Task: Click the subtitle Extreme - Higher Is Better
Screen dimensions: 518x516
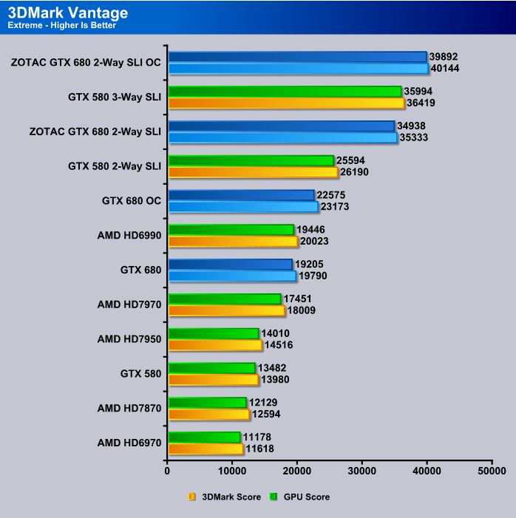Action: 62,26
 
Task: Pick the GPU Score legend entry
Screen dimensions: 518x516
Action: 302,497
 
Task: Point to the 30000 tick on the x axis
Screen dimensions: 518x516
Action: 362,469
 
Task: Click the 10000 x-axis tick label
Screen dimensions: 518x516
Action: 233,469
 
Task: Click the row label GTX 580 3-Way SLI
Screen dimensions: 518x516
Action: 115,97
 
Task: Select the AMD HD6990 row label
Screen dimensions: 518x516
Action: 129,235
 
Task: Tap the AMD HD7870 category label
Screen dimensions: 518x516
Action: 129,408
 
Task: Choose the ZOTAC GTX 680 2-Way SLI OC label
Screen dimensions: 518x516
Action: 86,62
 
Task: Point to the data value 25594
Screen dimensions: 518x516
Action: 351,160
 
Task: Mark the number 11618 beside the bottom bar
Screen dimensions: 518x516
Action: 260,449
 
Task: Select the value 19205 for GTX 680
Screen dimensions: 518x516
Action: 310,264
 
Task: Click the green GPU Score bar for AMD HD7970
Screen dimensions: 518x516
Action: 225,299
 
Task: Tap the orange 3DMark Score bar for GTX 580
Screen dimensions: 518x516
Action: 213,380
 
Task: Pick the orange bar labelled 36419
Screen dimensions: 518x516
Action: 286,103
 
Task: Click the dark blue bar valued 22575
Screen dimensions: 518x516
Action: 241,195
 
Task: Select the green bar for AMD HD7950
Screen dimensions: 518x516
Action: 214,333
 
